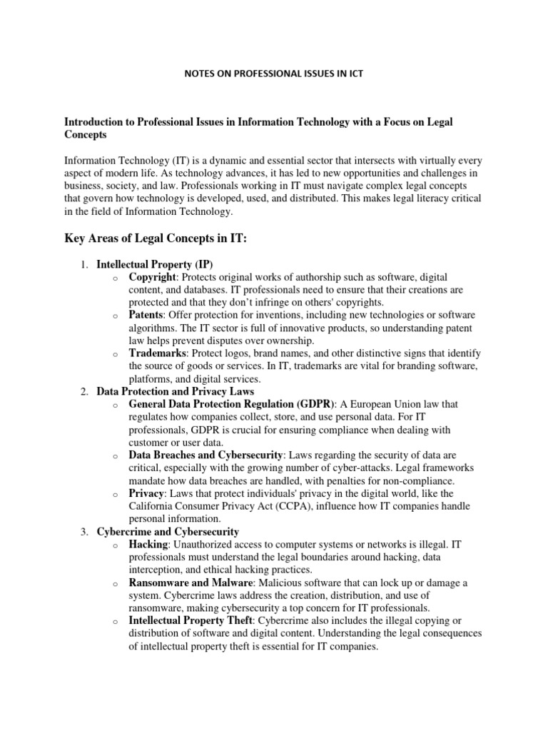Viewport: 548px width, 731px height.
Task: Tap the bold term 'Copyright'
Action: pos(152,277)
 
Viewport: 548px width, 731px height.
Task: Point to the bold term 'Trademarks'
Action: pos(157,353)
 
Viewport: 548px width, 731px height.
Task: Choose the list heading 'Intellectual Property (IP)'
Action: pos(155,264)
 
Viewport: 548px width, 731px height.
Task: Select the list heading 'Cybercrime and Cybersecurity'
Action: pos(168,532)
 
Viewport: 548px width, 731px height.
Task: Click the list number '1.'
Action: pos(83,264)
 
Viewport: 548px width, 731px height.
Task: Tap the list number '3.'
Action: pos(83,532)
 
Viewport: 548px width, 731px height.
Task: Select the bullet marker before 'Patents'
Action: pos(115,316)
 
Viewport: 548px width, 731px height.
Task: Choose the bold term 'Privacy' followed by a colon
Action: pos(147,493)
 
